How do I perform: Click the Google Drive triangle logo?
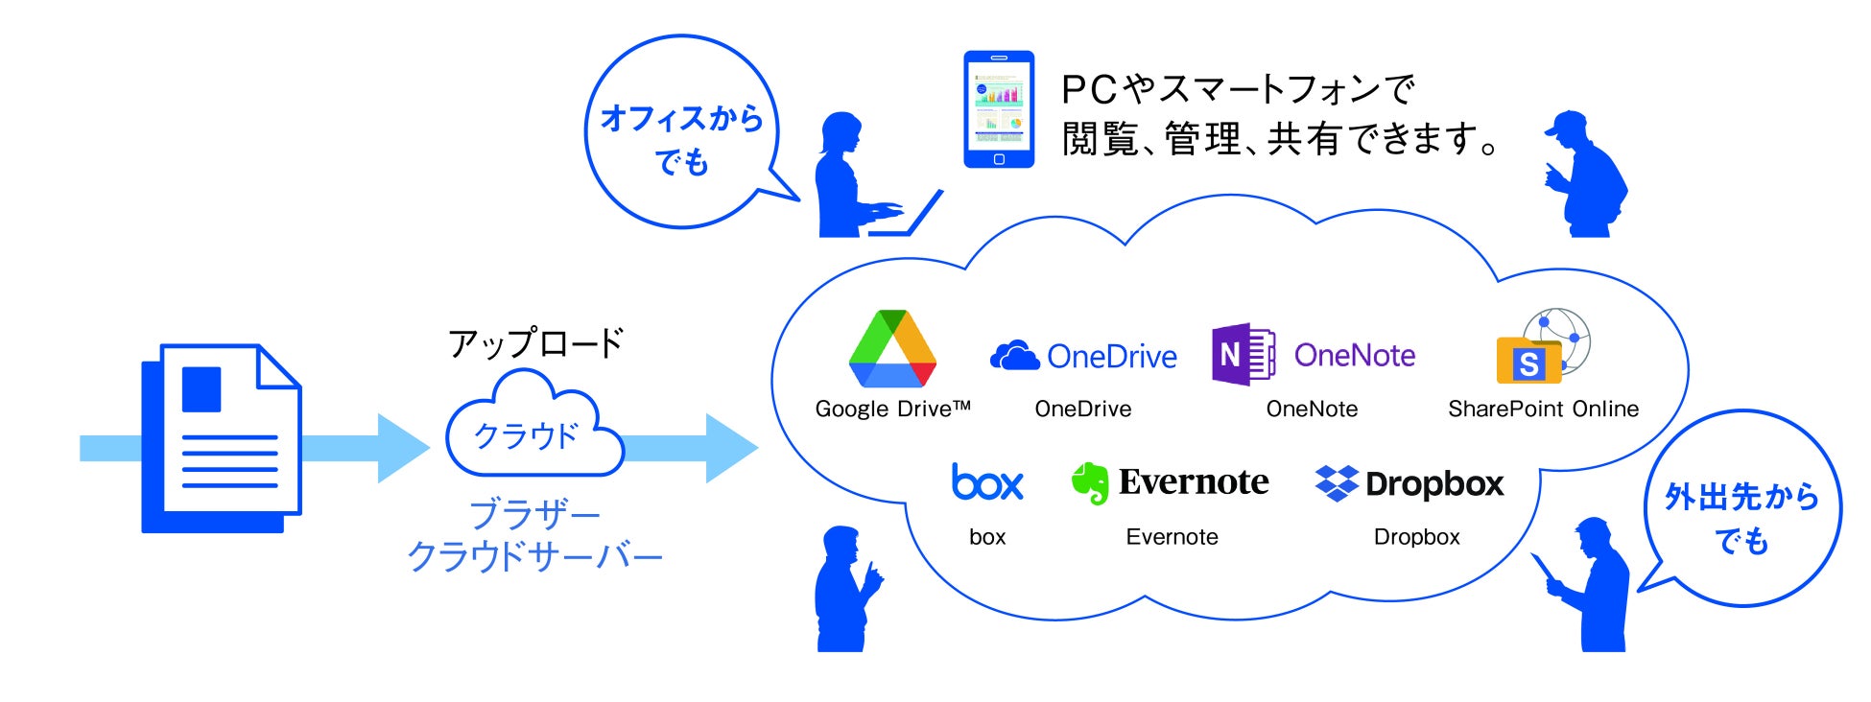[892, 349]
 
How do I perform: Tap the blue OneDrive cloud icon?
[1014, 356]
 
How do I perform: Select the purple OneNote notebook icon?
[1243, 354]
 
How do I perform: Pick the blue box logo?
[986, 482]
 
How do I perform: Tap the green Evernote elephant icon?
[1090, 482]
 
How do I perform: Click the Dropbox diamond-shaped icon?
[1336, 483]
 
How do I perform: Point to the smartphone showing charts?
[998, 109]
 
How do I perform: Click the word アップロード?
[535, 342]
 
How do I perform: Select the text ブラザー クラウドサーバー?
[534, 535]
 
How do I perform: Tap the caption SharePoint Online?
[1543, 409]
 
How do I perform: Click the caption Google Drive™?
[892, 409]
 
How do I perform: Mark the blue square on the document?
[201, 388]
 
